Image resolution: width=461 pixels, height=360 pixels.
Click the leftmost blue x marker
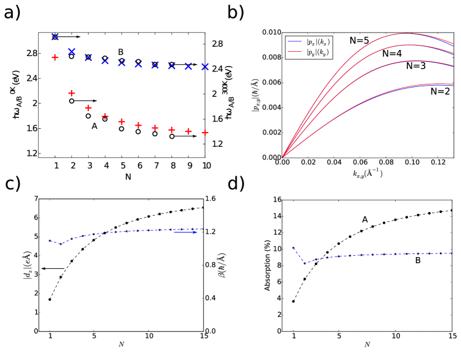coord(55,37)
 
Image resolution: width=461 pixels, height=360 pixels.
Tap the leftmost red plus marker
coord(55,57)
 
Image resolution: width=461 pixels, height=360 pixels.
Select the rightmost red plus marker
coord(205,133)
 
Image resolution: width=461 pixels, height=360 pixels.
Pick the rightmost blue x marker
coord(205,67)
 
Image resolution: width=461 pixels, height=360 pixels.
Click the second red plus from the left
coord(71,93)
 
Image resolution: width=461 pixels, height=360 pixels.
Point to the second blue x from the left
coord(71,51)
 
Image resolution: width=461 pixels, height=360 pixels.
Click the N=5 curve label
coord(359,41)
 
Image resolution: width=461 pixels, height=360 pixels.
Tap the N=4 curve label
coord(392,54)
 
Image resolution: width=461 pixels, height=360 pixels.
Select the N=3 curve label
coord(416,65)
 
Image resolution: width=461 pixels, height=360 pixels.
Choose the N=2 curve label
coord(440,91)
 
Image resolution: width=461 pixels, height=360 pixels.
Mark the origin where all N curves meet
coord(283,157)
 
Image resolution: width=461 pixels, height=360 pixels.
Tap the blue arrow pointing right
coord(186,232)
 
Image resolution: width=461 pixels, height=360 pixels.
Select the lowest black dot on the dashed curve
coord(50,299)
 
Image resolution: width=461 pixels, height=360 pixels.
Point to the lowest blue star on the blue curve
coord(60,244)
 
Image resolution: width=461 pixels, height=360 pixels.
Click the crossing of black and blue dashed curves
coord(104,233)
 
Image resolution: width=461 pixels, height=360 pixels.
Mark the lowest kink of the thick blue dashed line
coord(303,262)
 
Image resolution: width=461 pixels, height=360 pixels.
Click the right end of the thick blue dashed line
coord(452,253)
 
